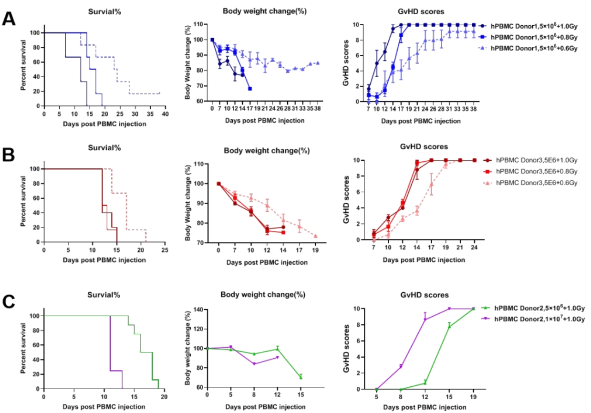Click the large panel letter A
point(9,19)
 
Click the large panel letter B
point(9,155)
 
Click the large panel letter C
point(9,302)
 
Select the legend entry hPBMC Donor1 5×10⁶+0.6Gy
point(528,48)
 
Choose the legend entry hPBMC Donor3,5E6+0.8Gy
point(530,171)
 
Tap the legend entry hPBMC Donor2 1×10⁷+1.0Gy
point(533,319)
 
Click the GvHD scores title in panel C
point(425,295)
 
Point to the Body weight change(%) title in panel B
point(267,151)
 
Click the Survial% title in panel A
point(104,12)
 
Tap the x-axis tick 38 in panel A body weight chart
point(318,108)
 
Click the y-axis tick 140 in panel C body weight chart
point(200,310)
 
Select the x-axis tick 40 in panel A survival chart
point(165,114)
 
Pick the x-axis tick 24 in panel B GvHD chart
point(474,248)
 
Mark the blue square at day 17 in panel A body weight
point(250,89)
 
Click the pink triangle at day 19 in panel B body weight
point(316,236)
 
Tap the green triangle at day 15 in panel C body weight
point(301,377)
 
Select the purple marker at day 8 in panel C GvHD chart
point(401,367)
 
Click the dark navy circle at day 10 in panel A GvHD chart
point(377,63)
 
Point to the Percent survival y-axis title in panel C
point(23,348)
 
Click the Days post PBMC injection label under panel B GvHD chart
point(424,260)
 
